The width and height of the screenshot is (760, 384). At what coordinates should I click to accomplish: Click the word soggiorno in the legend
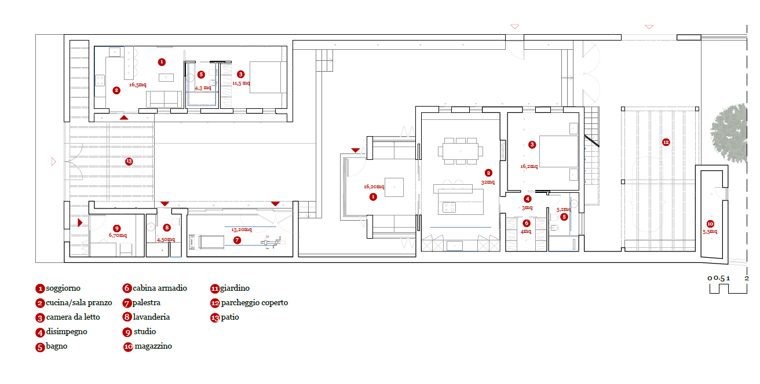point(63,288)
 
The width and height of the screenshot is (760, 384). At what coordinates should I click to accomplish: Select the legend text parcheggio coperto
point(254,302)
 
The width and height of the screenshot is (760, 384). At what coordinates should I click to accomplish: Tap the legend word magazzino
point(154,346)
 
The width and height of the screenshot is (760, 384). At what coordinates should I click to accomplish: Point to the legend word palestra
point(146,302)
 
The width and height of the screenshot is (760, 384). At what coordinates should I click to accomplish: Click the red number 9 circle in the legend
point(127,332)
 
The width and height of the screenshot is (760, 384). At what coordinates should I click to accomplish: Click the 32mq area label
point(488,182)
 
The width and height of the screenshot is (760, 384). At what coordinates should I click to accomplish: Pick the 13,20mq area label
point(242,230)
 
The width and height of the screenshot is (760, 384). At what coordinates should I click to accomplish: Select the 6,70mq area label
point(118,235)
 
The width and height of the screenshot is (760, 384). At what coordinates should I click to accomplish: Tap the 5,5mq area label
point(710,232)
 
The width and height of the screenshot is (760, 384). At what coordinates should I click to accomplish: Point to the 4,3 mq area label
point(203,88)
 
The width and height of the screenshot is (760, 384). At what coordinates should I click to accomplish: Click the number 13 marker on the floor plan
point(129,162)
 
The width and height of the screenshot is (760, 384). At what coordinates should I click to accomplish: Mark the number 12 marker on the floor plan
point(666,142)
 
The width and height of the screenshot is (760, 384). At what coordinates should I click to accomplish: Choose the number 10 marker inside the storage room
point(710,224)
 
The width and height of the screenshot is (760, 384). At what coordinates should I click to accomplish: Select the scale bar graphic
point(728,288)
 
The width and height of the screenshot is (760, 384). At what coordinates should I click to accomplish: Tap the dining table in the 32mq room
point(461,151)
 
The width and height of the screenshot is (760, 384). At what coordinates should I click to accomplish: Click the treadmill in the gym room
point(206,242)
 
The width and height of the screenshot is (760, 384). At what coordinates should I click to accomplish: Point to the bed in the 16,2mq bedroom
point(558,151)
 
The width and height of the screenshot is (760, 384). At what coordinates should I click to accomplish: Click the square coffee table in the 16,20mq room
point(394,187)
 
